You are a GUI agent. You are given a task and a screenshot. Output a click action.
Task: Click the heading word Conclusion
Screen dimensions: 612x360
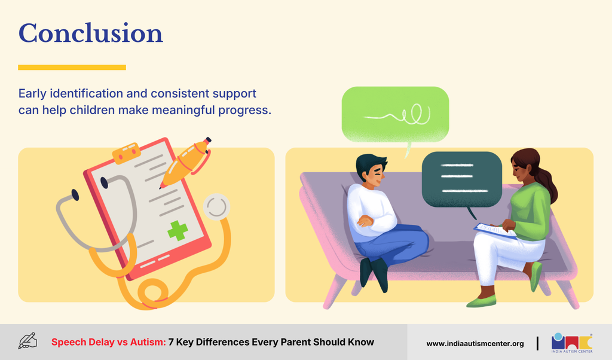click(x=91, y=33)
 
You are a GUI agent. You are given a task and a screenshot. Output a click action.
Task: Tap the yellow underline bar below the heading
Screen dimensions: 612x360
click(x=72, y=68)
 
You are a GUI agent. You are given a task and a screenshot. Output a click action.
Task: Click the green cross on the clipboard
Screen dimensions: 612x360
click(x=178, y=230)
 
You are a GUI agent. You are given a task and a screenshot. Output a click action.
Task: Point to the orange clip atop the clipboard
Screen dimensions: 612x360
click(x=127, y=152)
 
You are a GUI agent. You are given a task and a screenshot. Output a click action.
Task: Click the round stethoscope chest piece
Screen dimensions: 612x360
click(x=216, y=206)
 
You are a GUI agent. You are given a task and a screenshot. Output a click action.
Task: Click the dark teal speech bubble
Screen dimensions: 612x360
click(x=461, y=179)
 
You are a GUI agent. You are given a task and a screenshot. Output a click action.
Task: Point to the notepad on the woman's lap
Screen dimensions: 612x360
click(x=495, y=230)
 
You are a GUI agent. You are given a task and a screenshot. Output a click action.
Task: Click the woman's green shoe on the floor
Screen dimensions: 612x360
click(x=481, y=301)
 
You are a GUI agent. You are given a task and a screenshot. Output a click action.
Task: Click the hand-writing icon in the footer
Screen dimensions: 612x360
click(x=27, y=341)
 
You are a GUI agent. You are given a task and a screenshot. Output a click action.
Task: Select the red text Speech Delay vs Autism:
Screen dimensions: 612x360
click(x=109, y=342)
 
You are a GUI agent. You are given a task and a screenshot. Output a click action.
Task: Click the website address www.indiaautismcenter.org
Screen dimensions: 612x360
click(x=475, y=344)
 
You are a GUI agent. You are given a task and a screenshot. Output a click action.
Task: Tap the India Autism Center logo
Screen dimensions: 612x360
click(x=572, y=343)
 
